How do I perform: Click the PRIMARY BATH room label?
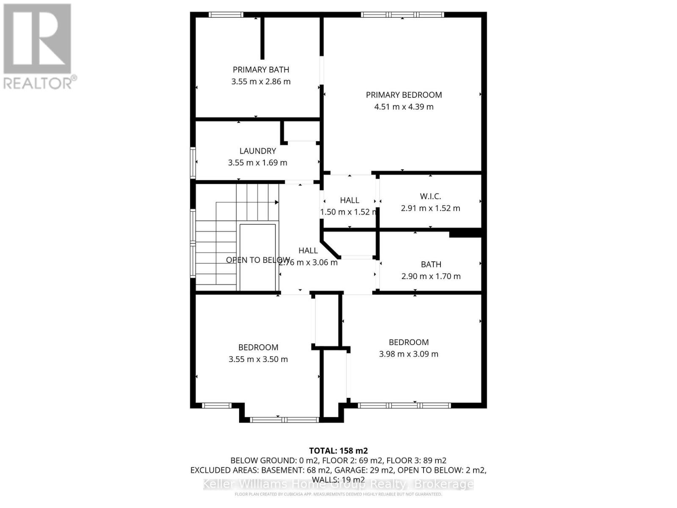[x=261, y=69]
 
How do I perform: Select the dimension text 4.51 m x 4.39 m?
[x=404, y=107]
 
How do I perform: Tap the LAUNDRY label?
[x=257, y=151]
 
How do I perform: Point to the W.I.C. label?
[x=430, y=196]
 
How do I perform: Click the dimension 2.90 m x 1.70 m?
[x=431, y=276]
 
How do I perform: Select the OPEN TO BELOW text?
[x=258, y=260]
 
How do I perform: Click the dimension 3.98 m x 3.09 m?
[x=408, y=354]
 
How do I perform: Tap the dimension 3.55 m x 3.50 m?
[x=258, y=359]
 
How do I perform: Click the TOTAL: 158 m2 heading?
[x=338, y=450]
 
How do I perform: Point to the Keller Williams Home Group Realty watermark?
[x=338, y=484]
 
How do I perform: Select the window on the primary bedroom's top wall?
[x=402, y=15]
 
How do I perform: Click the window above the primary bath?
[x=226, y=15]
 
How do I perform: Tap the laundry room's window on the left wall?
[x=193, y=163]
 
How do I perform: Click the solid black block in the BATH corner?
[x=465, y=233]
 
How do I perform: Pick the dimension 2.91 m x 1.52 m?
[x=430, y=208]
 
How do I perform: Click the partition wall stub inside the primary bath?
[x=262, y=38]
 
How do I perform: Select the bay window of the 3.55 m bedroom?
[x=283, y=420]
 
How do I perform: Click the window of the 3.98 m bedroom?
[x=404, y=405]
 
